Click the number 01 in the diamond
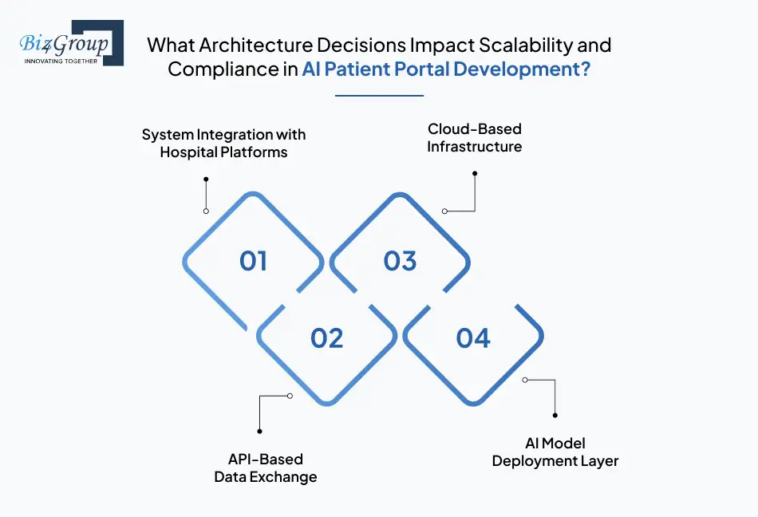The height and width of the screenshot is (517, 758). click(253, 262)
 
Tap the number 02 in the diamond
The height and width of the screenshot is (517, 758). click(326, 338)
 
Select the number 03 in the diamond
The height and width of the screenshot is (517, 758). click(400, 262)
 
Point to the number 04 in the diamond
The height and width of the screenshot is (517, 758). click(473, 338)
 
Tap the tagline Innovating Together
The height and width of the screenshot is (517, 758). click(61, 61)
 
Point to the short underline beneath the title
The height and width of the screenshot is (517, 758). click(379, 96)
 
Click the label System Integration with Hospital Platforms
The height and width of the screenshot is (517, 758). click(223, 143)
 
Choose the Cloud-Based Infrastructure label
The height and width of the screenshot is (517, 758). click(474, 137)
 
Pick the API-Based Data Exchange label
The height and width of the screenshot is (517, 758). click(266, 468)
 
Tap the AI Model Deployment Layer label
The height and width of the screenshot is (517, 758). click(555, 452)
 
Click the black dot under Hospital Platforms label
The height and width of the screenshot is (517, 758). click(206, 179)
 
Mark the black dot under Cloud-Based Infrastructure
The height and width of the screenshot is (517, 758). click(475, 173)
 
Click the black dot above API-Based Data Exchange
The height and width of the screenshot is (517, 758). click(260, 432)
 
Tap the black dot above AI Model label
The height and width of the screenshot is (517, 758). click(555, 415)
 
